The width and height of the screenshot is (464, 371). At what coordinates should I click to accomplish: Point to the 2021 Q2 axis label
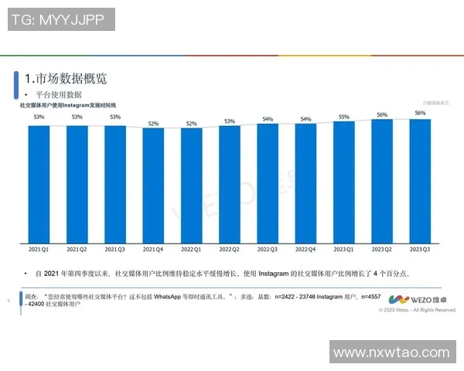pyautogui.click(x=77, y=249)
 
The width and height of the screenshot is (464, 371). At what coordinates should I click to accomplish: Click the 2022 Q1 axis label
pyautogui.click(x=191, y=249)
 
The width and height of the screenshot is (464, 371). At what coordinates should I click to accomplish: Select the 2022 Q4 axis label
pyautogui.click(x=305, y=249)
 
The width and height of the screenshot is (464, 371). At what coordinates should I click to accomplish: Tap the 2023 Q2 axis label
pyautogui.click(x=382, y=249)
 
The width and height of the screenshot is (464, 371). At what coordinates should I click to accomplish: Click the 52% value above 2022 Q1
pyautogui.click(x=191, y=123)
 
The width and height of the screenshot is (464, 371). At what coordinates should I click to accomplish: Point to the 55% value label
pyautogui.click(x=344, y=117)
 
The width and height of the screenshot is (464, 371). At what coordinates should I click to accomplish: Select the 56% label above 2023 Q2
pyautogui.click(x=382, y=114)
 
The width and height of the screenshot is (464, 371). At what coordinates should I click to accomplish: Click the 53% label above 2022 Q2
pyautogui.click(x=230, y=121)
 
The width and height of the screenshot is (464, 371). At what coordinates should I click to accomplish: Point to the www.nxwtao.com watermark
pyautogui.click(x=396, y=352)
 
